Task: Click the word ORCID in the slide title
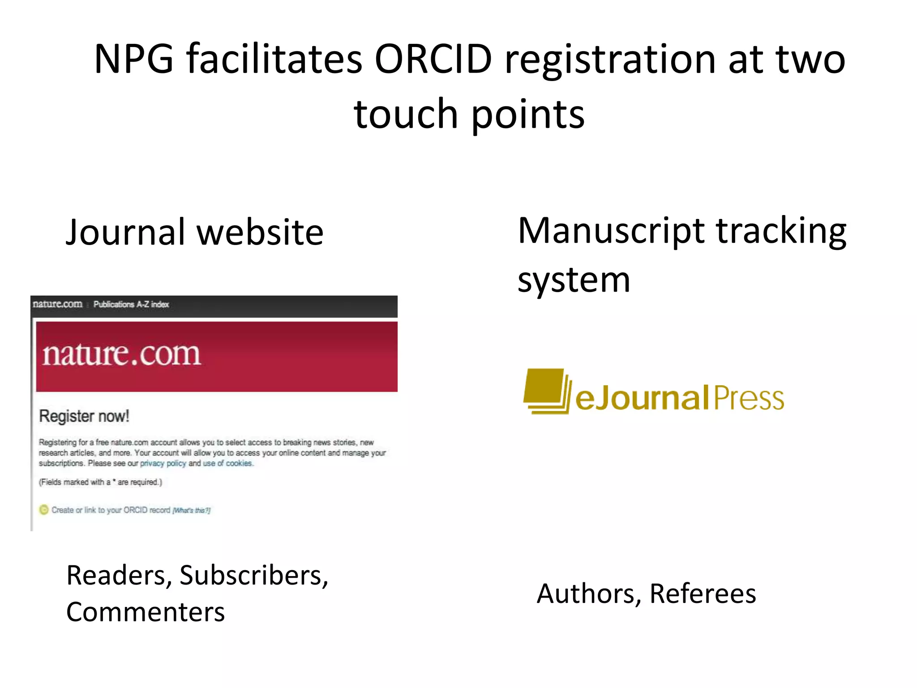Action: coord(433,59)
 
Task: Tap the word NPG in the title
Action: coord(134,59)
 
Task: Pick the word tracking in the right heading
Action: coord(781,231)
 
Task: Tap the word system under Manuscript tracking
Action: coord(574,280)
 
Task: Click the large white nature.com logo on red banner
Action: coord(121,355)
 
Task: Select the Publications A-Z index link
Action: coord(131,305)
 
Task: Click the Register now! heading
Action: coord(84,416)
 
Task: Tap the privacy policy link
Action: coord(163,464)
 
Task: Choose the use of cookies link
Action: coord(228,464)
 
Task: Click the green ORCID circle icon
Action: coord(43,510)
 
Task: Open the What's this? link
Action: coord(192,511)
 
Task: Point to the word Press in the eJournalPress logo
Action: coord(749,398)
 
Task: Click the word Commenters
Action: coord(146,612)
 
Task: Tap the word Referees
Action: coord(703,594)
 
